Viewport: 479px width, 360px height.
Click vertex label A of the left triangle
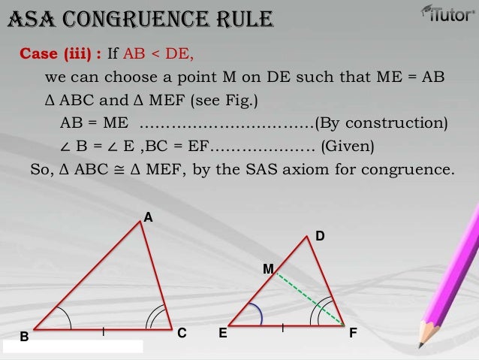148,217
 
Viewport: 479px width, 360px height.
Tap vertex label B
23,338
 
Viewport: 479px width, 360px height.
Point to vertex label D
320,236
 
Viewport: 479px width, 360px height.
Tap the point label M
268,268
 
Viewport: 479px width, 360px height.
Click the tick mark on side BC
103,329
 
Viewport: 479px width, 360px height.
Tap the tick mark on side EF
283,328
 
